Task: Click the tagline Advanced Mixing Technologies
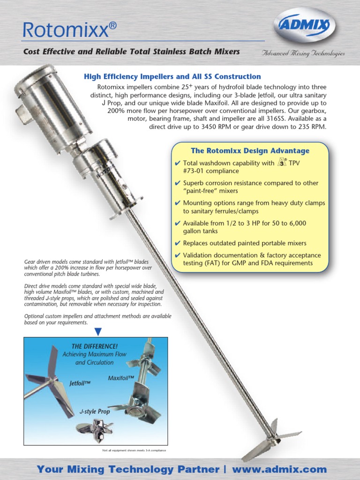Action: point(303,53)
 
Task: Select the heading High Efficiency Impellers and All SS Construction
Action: point(172,76)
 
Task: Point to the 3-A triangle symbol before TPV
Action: point(282,163)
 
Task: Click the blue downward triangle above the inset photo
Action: point(98,332)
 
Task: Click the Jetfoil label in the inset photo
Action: point(80,383)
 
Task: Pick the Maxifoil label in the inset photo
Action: point(121,378)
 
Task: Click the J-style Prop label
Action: point(94,411)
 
